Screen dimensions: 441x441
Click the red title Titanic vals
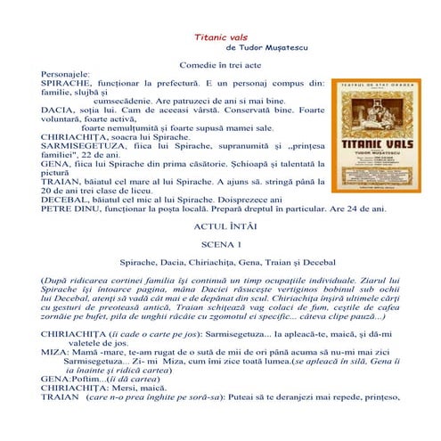(x=219, y=39)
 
